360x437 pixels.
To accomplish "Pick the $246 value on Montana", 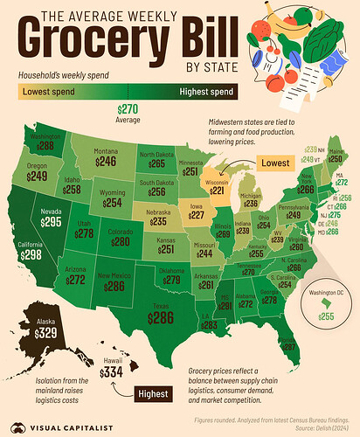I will click(x=105, y=162).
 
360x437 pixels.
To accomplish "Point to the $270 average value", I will click(x=128, y=108).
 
